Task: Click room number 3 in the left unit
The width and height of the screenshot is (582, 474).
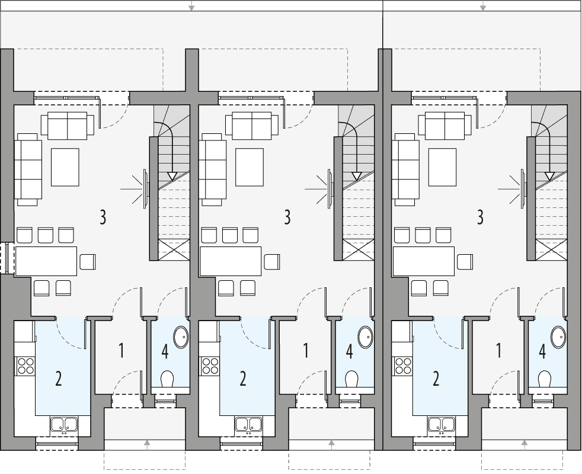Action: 103,217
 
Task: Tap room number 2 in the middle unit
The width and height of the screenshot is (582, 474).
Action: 243,379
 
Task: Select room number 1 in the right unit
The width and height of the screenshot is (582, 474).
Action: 498,351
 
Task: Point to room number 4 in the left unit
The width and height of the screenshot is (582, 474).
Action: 165,352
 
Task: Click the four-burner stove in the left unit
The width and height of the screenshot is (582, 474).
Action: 25,366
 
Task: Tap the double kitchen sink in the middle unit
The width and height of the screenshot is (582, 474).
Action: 248,424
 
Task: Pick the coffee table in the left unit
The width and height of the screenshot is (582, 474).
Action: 65,167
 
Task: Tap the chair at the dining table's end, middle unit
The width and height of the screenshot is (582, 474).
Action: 273,261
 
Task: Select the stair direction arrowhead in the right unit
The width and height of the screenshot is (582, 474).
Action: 549,176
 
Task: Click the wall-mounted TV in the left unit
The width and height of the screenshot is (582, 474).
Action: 145,188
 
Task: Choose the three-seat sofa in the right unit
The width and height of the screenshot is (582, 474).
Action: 405,168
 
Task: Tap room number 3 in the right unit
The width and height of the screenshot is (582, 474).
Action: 481,217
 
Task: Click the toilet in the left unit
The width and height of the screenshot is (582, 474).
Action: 168,378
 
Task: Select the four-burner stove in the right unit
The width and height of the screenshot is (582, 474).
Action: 402,366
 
